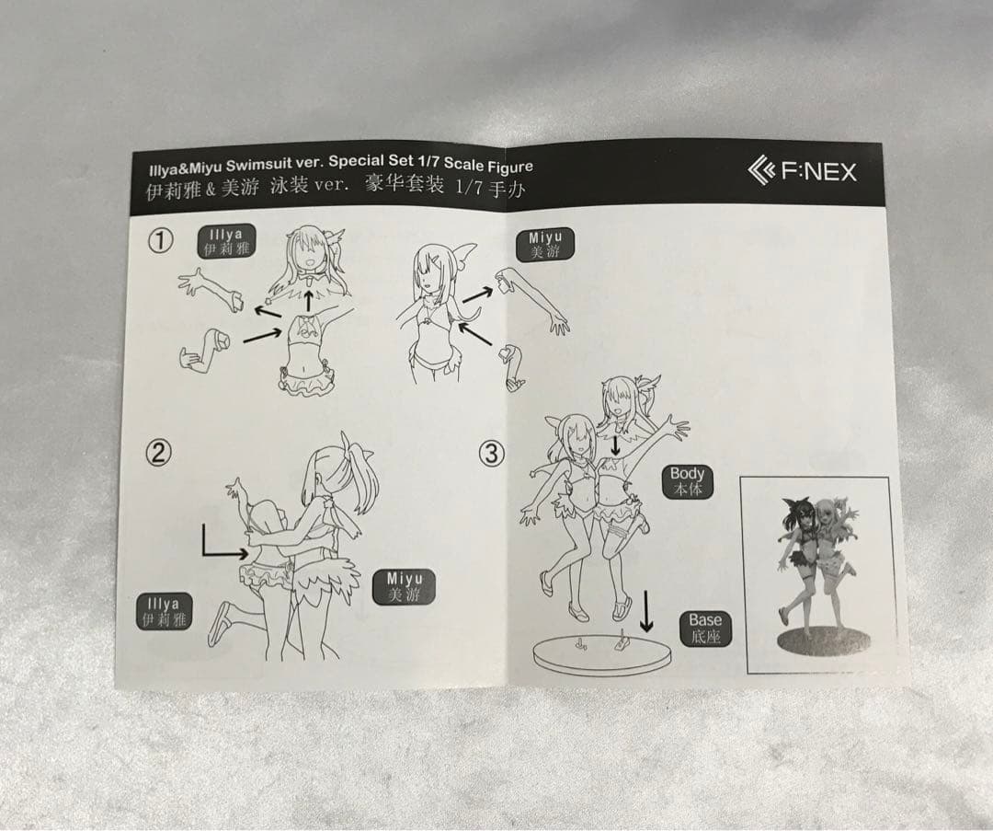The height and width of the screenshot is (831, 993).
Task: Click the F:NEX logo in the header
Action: click(802, 171)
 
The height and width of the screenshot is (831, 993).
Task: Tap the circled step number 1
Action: click(160, 240)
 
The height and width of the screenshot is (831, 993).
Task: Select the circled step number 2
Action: click(159, 453)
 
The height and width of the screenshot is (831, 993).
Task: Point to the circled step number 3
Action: click(492, 454)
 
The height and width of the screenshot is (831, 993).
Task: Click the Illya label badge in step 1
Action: click(226, 241)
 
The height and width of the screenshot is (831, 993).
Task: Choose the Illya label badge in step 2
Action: click(164, 612)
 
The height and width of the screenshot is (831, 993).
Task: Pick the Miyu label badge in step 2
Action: click(404, 586)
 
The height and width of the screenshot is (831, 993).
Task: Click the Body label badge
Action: click(687, 481)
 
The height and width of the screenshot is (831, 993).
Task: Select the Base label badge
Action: click(705, 629)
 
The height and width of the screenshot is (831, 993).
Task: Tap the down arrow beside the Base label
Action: click(646, 611)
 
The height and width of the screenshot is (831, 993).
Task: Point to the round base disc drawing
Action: click(601, 656)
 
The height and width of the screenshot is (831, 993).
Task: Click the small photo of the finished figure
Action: click(817, 574)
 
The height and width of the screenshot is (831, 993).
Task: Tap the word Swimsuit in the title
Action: click(260, 166)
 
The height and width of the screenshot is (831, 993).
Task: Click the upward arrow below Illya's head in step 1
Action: click(308, 300)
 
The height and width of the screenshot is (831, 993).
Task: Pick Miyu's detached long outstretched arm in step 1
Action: click(532, 299)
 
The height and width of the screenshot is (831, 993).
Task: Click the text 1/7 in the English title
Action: click(430, 161)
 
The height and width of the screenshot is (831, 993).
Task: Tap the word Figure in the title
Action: click(509, 166)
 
